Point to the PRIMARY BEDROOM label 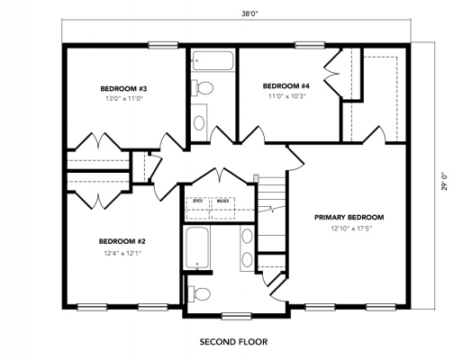[350, 218]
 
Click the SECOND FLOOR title [232, 342]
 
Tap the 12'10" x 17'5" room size [350, 229]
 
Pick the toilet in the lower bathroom [201, 292]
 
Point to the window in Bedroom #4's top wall [309, 44]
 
